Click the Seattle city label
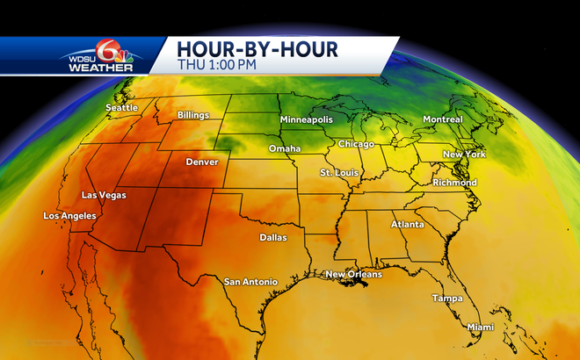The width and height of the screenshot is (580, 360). (122, 107)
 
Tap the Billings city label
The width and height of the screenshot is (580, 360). (194, 115)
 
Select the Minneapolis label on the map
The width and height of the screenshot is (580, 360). (307, 119)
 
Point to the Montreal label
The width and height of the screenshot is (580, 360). (442, 119)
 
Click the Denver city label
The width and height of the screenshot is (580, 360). (202, 162)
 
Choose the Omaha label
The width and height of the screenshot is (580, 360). (285, 148)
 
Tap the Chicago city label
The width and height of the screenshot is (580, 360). (356, 143)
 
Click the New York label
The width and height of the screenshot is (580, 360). (464, 155)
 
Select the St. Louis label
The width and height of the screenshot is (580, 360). (338, 172)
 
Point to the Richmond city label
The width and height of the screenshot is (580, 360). (454, 183)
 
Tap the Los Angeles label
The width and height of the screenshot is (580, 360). (69, 216)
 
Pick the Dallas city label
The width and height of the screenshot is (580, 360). (273, 237)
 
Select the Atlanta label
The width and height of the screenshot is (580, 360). (407, 224)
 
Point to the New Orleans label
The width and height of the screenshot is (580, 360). (353, 275)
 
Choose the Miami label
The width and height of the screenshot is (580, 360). (481, 327)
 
